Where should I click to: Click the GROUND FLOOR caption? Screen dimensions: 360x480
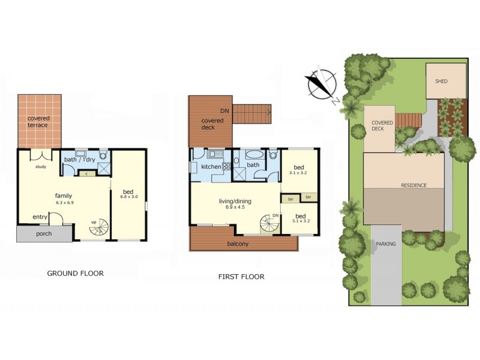75,274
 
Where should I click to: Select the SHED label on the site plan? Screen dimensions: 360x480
442,81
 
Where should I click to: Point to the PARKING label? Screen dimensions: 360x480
385,244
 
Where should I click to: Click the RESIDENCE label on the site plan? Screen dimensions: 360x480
413,185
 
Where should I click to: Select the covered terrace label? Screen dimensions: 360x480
39,122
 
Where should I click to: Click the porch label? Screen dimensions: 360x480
44,234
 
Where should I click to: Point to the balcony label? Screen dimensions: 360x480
238,244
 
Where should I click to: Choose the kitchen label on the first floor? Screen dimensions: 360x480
211,166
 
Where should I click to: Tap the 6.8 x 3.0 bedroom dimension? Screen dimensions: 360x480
129,197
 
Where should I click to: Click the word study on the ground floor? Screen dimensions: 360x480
41,167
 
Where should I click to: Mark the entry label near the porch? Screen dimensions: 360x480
40,217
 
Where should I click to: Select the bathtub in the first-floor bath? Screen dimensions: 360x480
237,161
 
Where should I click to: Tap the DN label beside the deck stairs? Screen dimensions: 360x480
224,111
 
